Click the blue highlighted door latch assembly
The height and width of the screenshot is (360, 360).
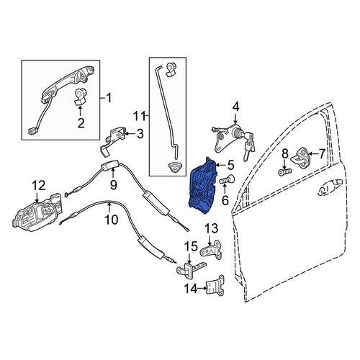[x=202, y=186]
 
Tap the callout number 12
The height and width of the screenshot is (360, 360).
[x=38, y=186]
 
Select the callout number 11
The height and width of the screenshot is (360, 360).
[x=140, y=116]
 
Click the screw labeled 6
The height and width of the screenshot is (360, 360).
[x=227, y=179]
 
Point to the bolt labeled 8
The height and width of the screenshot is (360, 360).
[x=285, y=171]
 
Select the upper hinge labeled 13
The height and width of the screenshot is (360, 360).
[x=211, y=249]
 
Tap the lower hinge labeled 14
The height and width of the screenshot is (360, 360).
[x=215, y=286]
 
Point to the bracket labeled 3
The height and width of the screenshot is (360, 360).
[x=113, y=140]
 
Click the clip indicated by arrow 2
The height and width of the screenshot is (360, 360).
[x=80, y=96]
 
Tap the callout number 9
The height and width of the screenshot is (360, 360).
[x=113, y=184]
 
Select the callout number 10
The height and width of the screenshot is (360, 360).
[x=112, y=220]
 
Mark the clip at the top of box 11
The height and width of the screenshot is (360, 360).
[x=171, y=70]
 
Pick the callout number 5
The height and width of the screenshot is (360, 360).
[x=230, y=165]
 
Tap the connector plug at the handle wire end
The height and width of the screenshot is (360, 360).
[x=32, y=131]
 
